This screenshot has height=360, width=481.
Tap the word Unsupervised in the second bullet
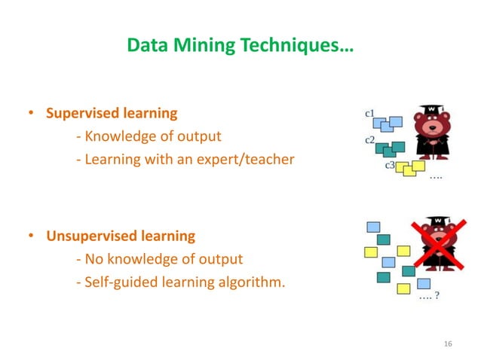(x=89, y=236)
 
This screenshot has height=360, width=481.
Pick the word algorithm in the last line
(x=259, y=283)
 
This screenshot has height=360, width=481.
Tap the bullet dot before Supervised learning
(x=32, y=115)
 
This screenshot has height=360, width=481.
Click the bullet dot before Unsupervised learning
(x=32, y=237)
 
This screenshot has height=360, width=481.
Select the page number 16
(x=449, y=344)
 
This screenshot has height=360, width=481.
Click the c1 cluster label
(x=371, y=114)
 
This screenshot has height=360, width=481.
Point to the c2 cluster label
(x=370, y=139)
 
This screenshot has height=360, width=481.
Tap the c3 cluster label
(x=391, y=164)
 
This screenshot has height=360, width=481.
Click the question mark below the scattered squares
(x=438, y=296)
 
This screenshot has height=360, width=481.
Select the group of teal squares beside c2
(x=390, y=147)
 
